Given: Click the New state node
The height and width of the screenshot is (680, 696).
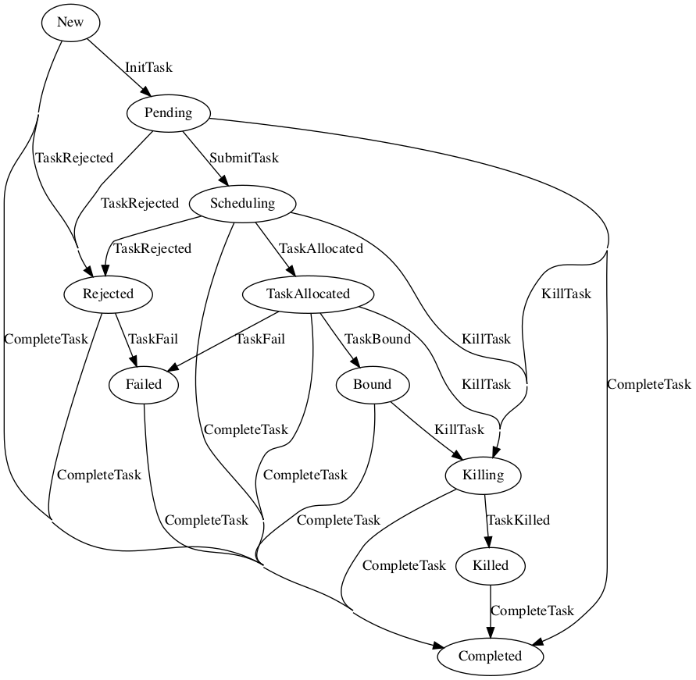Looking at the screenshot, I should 70,23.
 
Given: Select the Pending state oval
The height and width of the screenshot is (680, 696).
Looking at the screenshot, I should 168,113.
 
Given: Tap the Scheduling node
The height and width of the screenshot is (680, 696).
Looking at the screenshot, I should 243,204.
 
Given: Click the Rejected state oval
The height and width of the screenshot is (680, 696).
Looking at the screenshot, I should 109,294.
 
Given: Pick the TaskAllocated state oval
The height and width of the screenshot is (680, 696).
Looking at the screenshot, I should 308,294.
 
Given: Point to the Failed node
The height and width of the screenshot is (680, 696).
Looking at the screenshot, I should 143,384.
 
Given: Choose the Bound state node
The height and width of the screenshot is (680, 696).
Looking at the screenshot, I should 372,384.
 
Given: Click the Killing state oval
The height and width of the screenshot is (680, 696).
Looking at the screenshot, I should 484,475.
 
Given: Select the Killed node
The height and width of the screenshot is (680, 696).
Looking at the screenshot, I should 491,565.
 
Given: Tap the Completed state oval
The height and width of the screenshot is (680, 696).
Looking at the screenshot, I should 491,656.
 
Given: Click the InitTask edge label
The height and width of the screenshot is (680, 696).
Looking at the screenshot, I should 148,68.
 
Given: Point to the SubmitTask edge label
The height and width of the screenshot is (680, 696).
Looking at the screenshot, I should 244,158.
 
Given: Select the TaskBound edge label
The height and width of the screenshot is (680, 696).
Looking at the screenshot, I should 378,340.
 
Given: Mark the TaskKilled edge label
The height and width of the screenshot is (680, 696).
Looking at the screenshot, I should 518,520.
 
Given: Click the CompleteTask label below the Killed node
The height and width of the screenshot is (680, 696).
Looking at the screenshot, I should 532,611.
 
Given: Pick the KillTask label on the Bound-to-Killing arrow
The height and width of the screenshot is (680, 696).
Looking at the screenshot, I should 459,429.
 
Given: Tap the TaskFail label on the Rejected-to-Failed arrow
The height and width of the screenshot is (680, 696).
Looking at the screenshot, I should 153,340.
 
